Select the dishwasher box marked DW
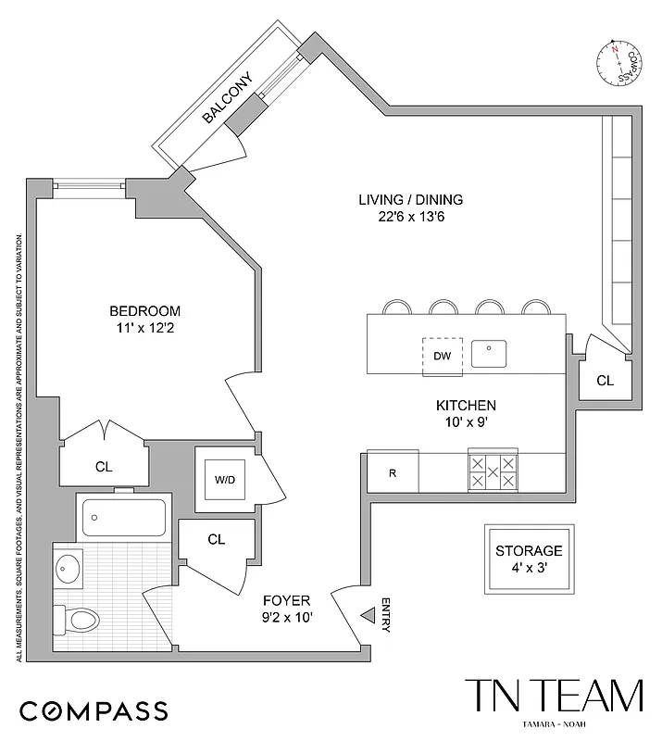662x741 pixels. pos(441,356)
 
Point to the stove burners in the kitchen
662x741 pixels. pos(493,472)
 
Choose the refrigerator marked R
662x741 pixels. pos(393,473)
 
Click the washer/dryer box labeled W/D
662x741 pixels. pos(225,480)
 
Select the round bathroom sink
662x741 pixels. pos(69,568)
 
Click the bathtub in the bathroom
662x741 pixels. pos(124,518)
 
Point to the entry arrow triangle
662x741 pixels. pos(368,613)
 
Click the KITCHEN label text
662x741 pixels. pos(466,406)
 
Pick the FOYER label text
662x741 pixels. pos(287,600)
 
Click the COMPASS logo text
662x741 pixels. pos(94,711)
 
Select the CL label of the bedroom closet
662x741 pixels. pos(103,467)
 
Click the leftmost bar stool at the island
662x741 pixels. pos(396,308)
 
